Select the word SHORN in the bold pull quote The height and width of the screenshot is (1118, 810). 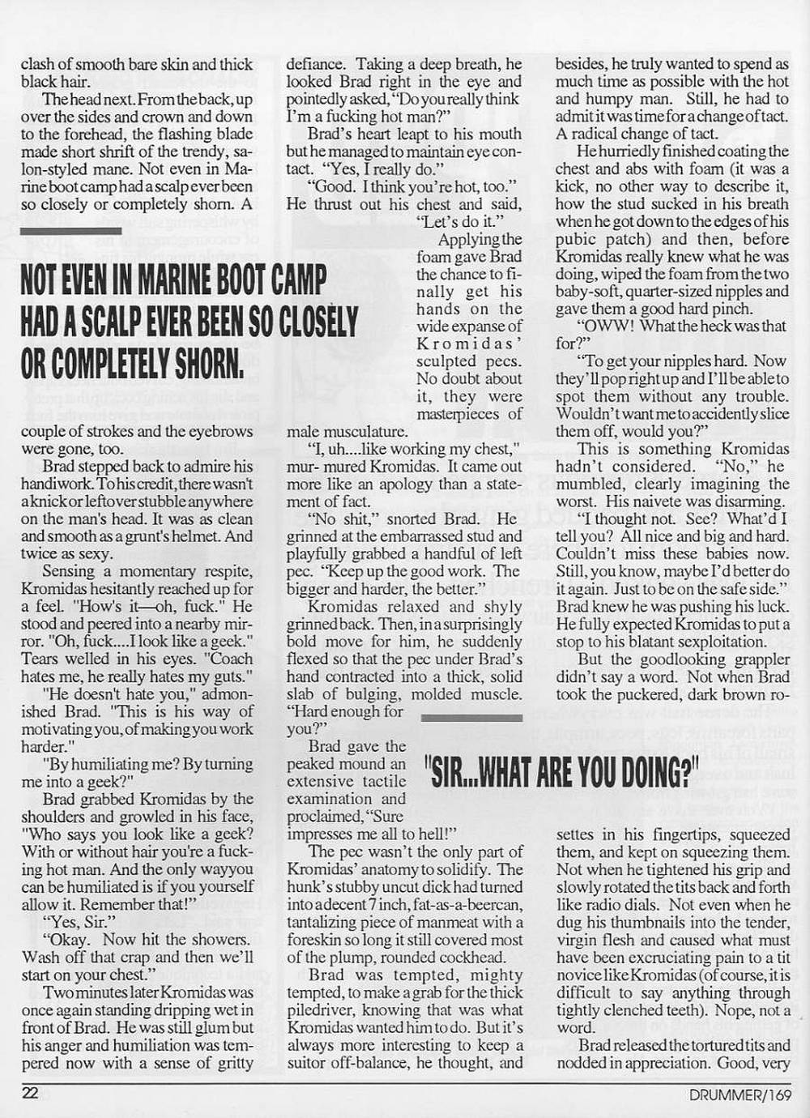coord(207,363)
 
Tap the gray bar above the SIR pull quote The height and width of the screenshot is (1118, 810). coord(471,717)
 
